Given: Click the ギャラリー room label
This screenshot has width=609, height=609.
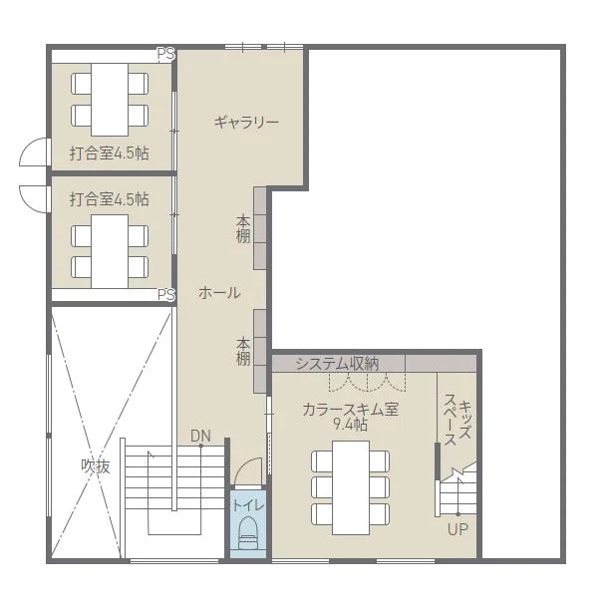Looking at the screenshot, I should click(245, 122).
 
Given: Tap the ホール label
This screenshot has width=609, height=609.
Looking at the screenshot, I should click(218, 293).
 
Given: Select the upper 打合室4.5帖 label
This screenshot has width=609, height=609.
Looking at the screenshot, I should click(110, 153).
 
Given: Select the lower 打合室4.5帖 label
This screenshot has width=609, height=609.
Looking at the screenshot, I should click(110, 199).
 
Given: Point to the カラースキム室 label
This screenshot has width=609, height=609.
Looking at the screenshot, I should click(350, 409).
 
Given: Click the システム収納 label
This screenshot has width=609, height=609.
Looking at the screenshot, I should click(337, 363).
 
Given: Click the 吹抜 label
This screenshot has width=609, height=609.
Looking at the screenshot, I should click(96, 465).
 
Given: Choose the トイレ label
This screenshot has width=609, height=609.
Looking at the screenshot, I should click(248, 505).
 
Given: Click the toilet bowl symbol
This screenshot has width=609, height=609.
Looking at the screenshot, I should click(248, 533).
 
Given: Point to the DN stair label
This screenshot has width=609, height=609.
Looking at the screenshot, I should click(200, 436).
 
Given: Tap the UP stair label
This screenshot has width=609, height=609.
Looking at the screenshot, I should click(457, 529).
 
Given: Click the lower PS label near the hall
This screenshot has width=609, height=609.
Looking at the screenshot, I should click(166, 295).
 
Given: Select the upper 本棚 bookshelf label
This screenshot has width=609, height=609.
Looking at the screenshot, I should click(243, 228).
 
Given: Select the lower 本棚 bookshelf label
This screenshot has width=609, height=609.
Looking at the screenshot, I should click(243, 351).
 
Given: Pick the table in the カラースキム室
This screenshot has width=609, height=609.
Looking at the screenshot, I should click(350, 485).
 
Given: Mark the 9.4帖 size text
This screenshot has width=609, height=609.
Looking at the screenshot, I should click(350, 425).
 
